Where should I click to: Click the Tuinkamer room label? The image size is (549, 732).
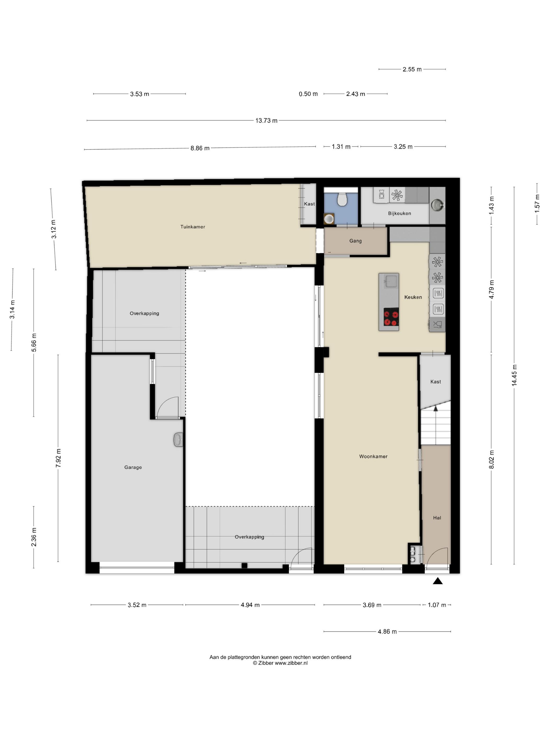point(193,227)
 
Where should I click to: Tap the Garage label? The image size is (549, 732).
point(133,467)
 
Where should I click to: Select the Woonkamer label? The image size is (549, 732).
point(373,456)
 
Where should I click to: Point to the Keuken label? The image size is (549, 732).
point(413,297)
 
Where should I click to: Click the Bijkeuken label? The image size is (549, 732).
point(399,213)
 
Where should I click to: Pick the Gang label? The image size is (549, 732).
point(355,241)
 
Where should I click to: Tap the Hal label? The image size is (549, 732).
point(437,518)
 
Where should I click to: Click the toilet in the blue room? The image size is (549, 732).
point(341,199)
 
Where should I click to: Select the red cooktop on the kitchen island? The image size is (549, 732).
point(391,317)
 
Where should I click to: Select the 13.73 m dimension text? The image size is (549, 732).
point(266,121)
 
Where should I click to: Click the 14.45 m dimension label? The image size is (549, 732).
point(514,375)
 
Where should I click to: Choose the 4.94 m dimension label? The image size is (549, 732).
point(250,605)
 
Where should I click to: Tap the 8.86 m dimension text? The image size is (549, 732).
point(200,148)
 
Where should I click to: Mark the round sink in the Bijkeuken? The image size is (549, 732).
point(437,205)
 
